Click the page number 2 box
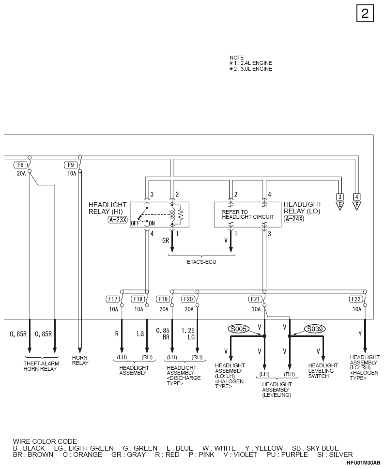point(365,14)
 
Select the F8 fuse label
point(20,165)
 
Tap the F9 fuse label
point(71,165)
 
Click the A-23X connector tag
point(118,220)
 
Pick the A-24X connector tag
point(293,219)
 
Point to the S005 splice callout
point(239,329)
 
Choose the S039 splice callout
point(315,329)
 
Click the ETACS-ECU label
point(201,262)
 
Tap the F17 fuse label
point(113,299)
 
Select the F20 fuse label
point(188,299)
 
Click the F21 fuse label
point(255,299)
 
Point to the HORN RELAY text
point(80,361)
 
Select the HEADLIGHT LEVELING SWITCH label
point(323,371)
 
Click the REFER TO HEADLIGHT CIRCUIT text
point(248,214)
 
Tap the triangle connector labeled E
point(340,206)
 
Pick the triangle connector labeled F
point(356,206)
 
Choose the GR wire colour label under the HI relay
point(166,241)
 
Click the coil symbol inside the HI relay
point(172,214)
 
